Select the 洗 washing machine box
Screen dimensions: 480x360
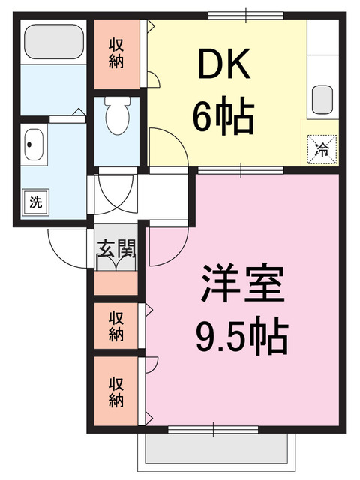(34, 201)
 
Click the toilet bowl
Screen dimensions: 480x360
(117, 116)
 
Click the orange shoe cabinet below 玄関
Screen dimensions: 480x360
(116, 282)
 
